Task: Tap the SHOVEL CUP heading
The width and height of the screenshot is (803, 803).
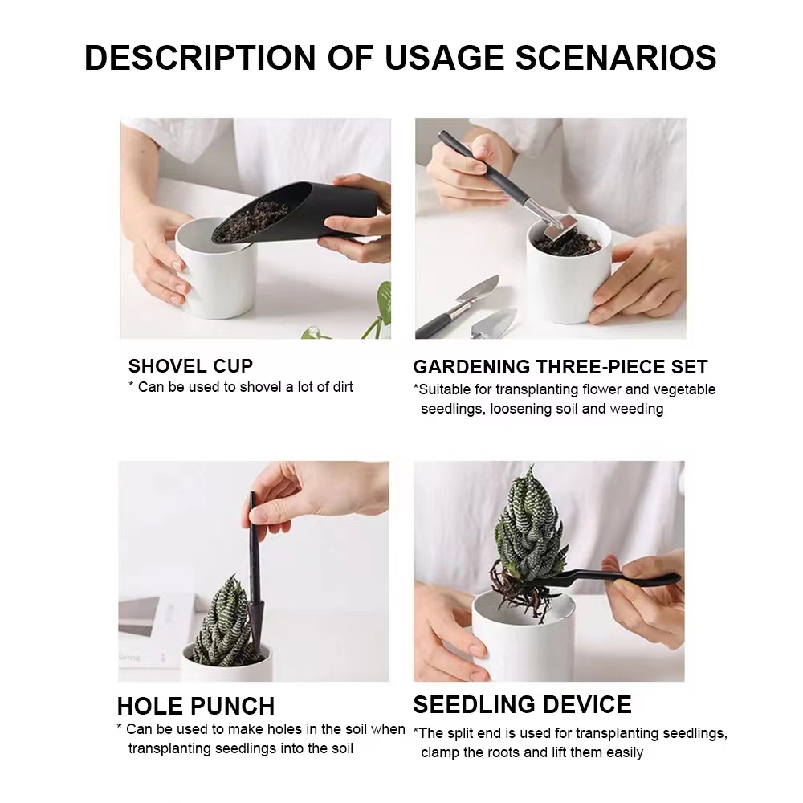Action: pos(190,366)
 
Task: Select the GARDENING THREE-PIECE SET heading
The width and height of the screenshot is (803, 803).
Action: pos(560,367)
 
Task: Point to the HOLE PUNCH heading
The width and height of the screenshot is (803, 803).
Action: pos(196,706)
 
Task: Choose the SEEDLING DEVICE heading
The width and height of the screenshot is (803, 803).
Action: pos(522,704)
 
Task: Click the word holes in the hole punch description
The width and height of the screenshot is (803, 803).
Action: pos(261,729)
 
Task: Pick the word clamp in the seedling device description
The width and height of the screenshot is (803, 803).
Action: pos(439,752)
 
